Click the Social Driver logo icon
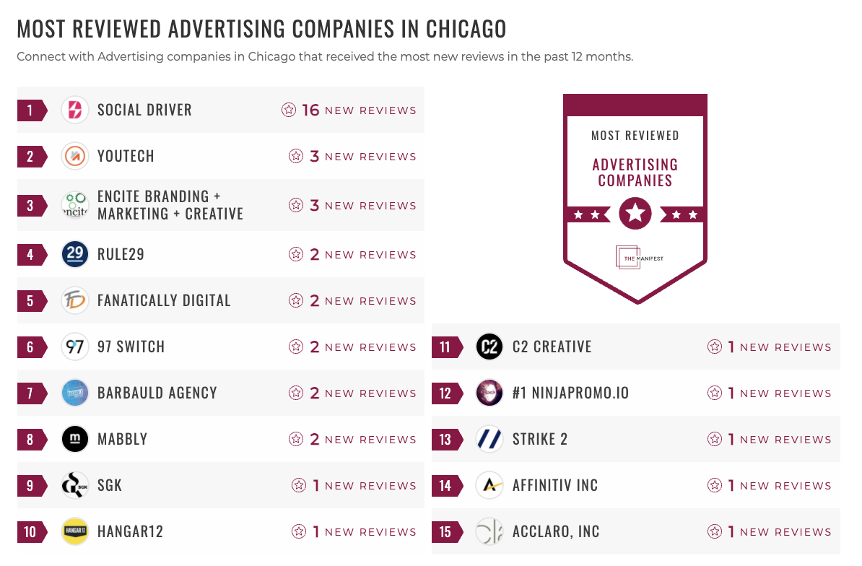75,110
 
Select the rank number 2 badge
31,156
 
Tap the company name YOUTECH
126,156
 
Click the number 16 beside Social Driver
310,110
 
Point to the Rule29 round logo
75,254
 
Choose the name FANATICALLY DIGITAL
164,300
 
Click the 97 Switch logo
75,347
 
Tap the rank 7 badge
31,393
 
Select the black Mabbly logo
75,439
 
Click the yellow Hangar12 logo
75,531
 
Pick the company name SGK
110,485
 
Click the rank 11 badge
446,347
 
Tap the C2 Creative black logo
489,347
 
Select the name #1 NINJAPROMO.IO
570,393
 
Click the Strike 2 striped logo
489,439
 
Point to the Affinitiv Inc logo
489,485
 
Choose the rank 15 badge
446,531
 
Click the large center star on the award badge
635,214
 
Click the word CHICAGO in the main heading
466,29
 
